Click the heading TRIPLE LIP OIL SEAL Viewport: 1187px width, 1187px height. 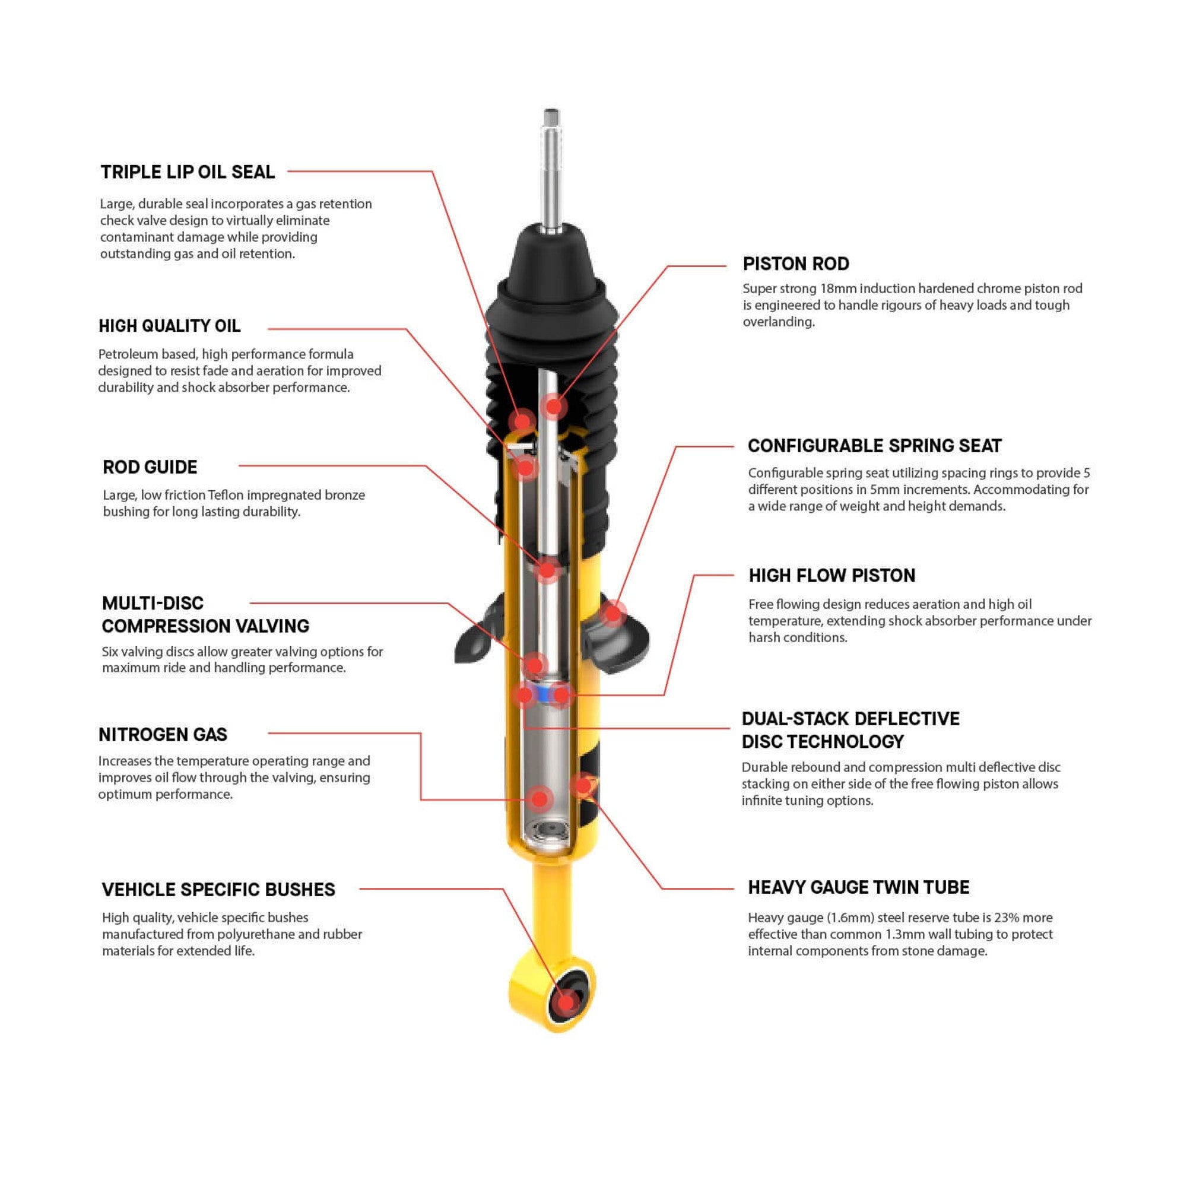[x=188, y=172]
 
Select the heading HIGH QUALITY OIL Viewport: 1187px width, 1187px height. [x=170, y=326]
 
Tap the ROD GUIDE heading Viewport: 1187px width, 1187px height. [x=150, y=467]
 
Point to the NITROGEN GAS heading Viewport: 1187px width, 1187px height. [x=163, y=734]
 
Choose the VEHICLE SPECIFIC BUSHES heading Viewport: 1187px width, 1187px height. [x=218, y=890]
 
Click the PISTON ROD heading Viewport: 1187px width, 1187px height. [x=796, y=264]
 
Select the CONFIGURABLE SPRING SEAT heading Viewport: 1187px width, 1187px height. [x=874, y=446]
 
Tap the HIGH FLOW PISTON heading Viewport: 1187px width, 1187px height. [x=831, y=575]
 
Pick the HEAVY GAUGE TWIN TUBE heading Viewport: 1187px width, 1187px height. [x=858, y=887]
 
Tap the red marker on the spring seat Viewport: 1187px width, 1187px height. [x=612, y=612]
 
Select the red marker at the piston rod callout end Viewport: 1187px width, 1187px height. [x=554, y=406]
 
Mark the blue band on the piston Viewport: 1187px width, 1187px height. [x=543, y=695]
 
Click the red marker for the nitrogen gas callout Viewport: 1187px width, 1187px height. [x=540, y=799]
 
